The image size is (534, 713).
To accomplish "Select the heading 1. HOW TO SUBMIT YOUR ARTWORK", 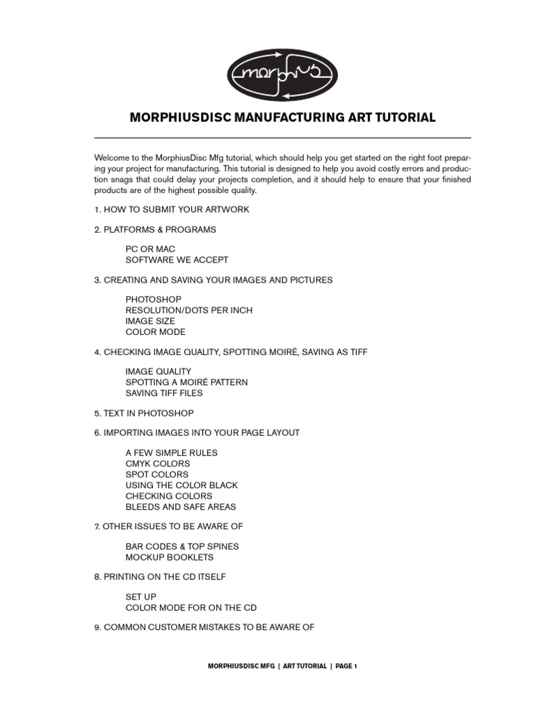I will pos(171,210).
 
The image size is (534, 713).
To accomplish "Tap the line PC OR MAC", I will pos(150,249).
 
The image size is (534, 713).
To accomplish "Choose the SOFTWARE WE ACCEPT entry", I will pos(177,260).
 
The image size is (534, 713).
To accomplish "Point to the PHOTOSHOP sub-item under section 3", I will pos(154,299).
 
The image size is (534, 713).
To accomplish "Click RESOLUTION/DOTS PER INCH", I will pos(188,310).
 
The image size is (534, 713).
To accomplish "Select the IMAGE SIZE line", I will pos(150,321).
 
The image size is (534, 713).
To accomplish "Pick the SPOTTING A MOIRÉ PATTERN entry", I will pos(186,382).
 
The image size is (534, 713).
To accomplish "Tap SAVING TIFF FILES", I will pos(164,393).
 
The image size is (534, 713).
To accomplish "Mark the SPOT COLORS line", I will pos(157,474).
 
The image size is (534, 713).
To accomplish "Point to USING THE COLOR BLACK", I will pos(181,485).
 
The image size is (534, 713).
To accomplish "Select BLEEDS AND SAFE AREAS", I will pos(181,507).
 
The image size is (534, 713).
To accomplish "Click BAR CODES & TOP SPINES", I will pos(182,547).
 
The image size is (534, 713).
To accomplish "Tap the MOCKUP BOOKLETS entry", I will pos(170,557).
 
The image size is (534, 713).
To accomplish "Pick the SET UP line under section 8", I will pos(141,597).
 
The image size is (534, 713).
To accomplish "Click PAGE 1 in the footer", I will pos(346,666).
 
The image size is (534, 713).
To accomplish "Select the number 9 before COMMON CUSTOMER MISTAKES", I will pos(97,627).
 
